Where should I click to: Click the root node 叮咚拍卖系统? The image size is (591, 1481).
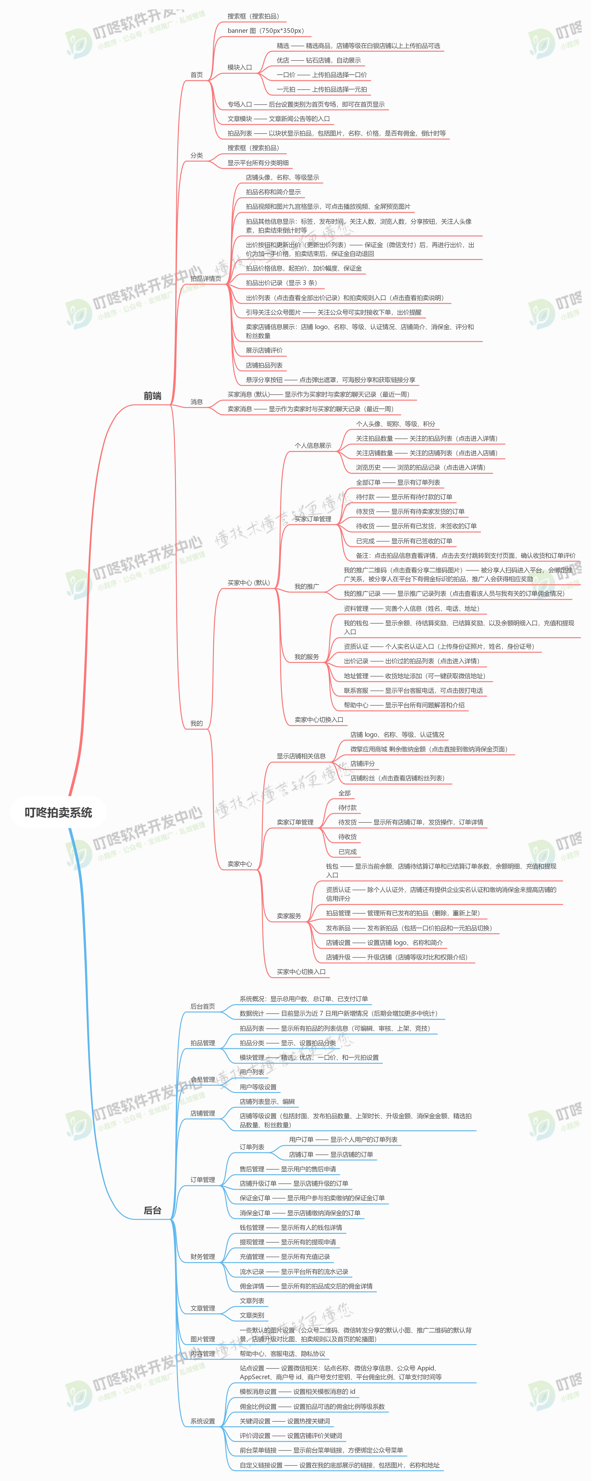pyautogui.click(x=58, y=812)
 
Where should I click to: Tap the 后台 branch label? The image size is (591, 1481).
pyautogui.click(x=152, y=1210)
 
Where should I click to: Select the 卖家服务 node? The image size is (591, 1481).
pyautogui.click(x=289, y=916)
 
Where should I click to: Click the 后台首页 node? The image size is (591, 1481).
pyautogui.click(x=203, y=1006)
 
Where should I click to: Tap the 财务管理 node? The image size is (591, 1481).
pyautogui.click(x=203, y=1257)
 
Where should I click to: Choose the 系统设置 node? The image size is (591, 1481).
pyautogui.click(x=203, y=1421)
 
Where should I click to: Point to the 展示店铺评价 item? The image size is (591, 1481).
pyautogui.click(x=264, y=350)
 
